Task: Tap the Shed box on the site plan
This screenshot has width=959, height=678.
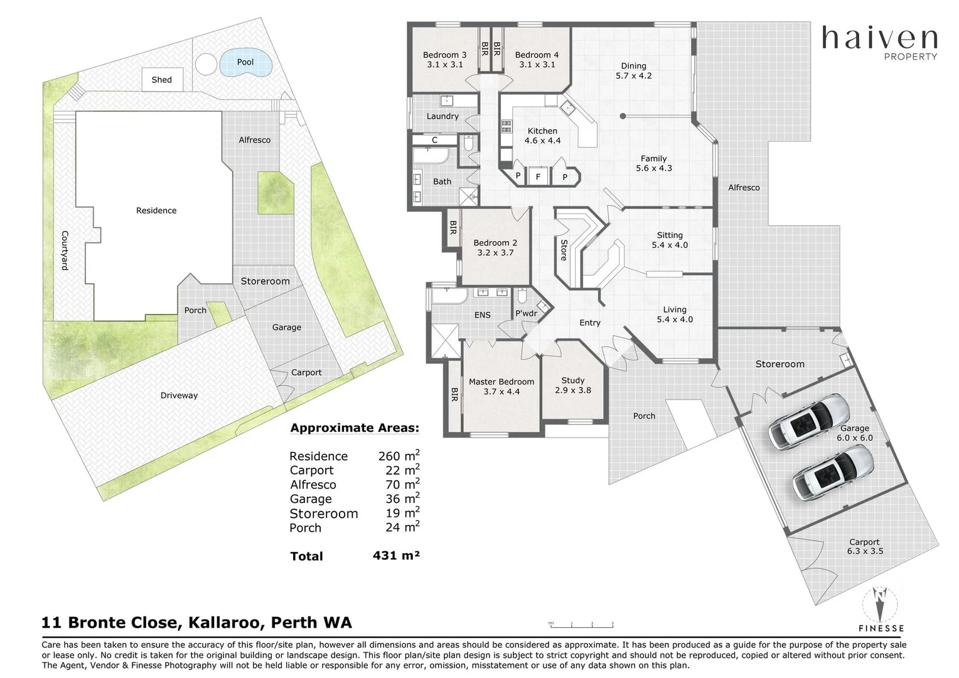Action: pos(163,80)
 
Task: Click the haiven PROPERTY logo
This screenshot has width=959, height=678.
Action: pos(879,43)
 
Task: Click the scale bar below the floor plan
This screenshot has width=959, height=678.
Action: pos(581,625)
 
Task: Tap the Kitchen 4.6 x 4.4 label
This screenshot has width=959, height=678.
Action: pos(542,136)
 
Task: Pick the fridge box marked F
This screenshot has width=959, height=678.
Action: pos(538,176)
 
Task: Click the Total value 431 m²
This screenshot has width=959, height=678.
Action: pos(396,556)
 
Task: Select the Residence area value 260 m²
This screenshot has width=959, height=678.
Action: pos(399,455)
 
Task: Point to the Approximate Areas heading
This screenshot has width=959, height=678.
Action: pos(355,428)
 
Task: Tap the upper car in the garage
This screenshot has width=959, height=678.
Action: pos(809,421)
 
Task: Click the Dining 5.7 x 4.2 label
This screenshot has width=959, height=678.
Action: pos(634,71)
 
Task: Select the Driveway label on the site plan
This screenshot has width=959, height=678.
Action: pos(179,395)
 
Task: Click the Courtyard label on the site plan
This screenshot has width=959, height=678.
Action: pos(65,250)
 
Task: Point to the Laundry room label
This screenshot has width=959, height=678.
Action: pos(442,116)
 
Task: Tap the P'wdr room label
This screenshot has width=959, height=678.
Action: pos(526,313)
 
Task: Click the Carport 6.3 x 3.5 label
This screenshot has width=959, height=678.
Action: pos(865,546)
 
